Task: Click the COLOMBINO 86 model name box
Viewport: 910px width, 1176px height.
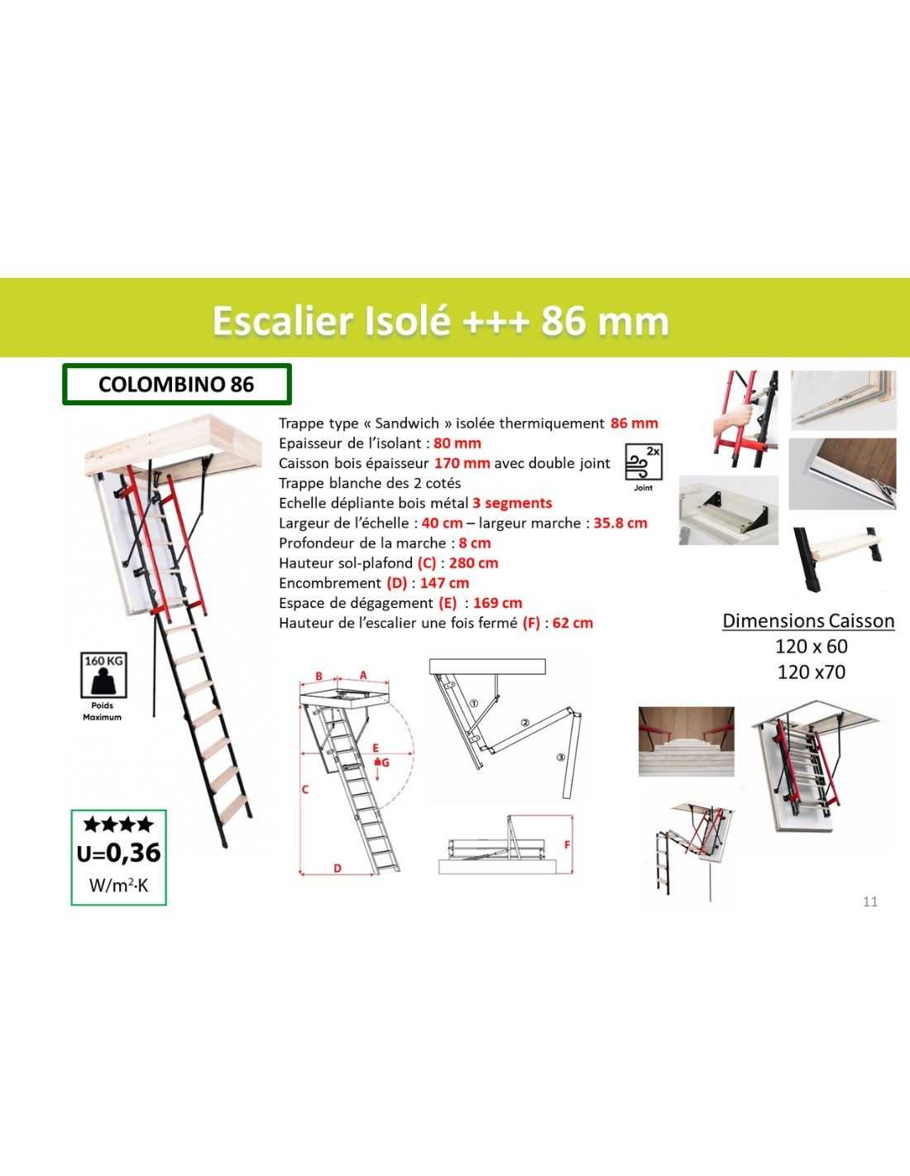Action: point(177,385)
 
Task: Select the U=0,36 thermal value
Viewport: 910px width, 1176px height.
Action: point(119,853)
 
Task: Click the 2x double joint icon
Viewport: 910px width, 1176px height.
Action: point(643,462)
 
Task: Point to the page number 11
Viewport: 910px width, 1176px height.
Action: point(870,901)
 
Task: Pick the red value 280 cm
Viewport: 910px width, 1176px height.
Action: point(473,563)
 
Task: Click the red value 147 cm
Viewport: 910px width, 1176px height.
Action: point(444,583)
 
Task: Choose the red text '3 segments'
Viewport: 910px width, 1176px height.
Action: point(512,504)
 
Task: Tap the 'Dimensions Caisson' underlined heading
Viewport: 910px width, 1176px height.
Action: point(808,621)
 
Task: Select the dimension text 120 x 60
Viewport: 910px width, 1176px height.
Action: point(811,646)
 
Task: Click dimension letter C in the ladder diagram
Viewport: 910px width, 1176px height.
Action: point(304,790)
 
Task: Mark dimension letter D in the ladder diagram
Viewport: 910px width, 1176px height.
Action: point(338,868)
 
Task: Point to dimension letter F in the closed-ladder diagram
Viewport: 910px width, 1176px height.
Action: point(567,844)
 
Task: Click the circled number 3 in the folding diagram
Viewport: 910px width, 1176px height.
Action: point(561,757)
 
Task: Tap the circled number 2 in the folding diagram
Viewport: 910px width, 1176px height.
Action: point(524,722)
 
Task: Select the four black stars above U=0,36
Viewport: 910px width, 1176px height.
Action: point(118,825)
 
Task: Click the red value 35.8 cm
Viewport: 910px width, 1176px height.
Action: point(620,523)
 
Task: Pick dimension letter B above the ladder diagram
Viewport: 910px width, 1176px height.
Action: point(319,676)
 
